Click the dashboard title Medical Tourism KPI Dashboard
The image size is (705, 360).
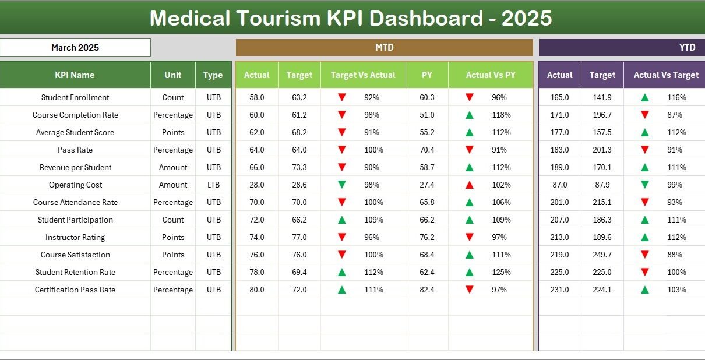click(351, 19)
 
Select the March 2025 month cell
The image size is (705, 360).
click(75, 48)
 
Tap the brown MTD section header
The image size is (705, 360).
click(384, 48)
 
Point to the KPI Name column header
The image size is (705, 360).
click(75, 75)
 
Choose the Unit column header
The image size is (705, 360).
click(173, 75)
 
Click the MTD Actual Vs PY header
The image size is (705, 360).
click(490, 75)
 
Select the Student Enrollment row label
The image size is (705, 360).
click(75, 97)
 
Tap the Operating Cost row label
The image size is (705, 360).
click(75, 185)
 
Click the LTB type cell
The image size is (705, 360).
click(213, 185)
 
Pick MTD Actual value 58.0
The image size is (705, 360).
click(256, 97)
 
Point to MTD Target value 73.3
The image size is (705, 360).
click(299, 167)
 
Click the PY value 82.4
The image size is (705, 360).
click(427, 290)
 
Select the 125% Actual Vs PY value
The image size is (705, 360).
click(500, 272)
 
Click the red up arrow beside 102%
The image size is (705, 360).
click(470, 185)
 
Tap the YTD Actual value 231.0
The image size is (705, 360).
click(559, 290)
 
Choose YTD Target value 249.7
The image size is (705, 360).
click(602, 255)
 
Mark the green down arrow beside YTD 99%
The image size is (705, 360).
click(645, 185)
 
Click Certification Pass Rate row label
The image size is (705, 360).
click(75, 290)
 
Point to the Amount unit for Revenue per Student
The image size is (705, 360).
click(173, 167)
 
